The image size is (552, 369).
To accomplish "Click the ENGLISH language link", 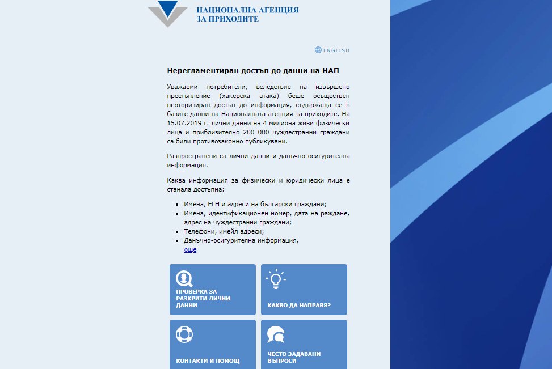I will [336, 50].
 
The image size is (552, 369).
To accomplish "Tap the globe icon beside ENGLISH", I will [318, 50].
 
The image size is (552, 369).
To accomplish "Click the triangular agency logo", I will [167, 14].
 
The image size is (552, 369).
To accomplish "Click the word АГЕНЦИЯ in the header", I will [275, 10].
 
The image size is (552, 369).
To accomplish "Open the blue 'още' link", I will [190, 249].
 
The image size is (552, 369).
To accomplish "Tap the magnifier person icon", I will [184, 278].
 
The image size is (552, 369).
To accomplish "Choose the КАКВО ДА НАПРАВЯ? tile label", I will [299, 305].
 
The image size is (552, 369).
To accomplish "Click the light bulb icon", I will [275, 278].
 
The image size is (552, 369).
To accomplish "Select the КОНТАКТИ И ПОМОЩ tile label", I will [208, 360].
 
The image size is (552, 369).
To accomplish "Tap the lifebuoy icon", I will [184, 334].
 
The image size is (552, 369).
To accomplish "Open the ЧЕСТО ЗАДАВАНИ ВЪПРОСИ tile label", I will [294, 357].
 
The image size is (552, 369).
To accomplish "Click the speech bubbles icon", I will [275, 334].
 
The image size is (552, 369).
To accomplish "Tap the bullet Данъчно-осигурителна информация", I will [241, 240].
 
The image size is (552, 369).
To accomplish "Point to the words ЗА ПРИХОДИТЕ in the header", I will [227, 19].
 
